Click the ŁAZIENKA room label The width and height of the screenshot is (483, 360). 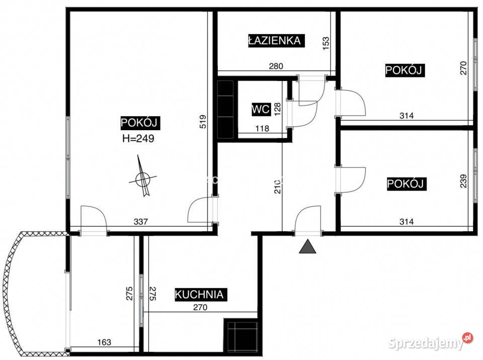click(x=276, y=41)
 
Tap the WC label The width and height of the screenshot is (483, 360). click(x=261, y=109)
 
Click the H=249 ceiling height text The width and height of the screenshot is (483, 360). click(x=138, y=138)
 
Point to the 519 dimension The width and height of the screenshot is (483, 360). click(x=203, y=122)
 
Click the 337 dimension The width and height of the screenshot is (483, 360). click(x=141, y=221)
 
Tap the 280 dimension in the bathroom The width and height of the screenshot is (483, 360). click(x=276, y=66)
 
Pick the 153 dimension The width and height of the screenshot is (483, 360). click(x=326, y=42)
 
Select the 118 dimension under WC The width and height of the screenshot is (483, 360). click(x=262, y=128)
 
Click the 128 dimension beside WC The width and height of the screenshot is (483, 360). click(x=278, y=109)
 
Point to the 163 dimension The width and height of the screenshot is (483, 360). click(x=104, y=342)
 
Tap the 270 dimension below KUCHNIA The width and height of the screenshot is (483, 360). click(x=200, y=307)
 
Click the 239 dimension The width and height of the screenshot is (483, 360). click(x=463, y=181)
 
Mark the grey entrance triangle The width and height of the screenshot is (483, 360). click(x=307, y=246)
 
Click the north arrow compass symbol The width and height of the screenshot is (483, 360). click(x=142, y=177)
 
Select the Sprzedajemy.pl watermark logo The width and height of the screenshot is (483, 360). click(x=430, y=342)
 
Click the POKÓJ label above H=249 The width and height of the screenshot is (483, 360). click(x=140, y=123)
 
